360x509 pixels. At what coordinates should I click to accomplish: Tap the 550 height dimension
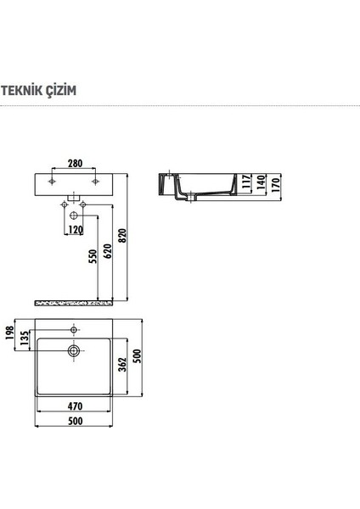[91, 257]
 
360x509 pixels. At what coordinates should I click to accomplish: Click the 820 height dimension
[123, 237]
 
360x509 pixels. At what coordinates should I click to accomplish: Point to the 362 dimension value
[123, 364]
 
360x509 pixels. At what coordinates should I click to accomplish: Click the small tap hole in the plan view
[75, 328]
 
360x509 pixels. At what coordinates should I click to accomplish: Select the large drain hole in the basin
[75, 349]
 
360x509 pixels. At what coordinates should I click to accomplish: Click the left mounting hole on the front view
[53, 181]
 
